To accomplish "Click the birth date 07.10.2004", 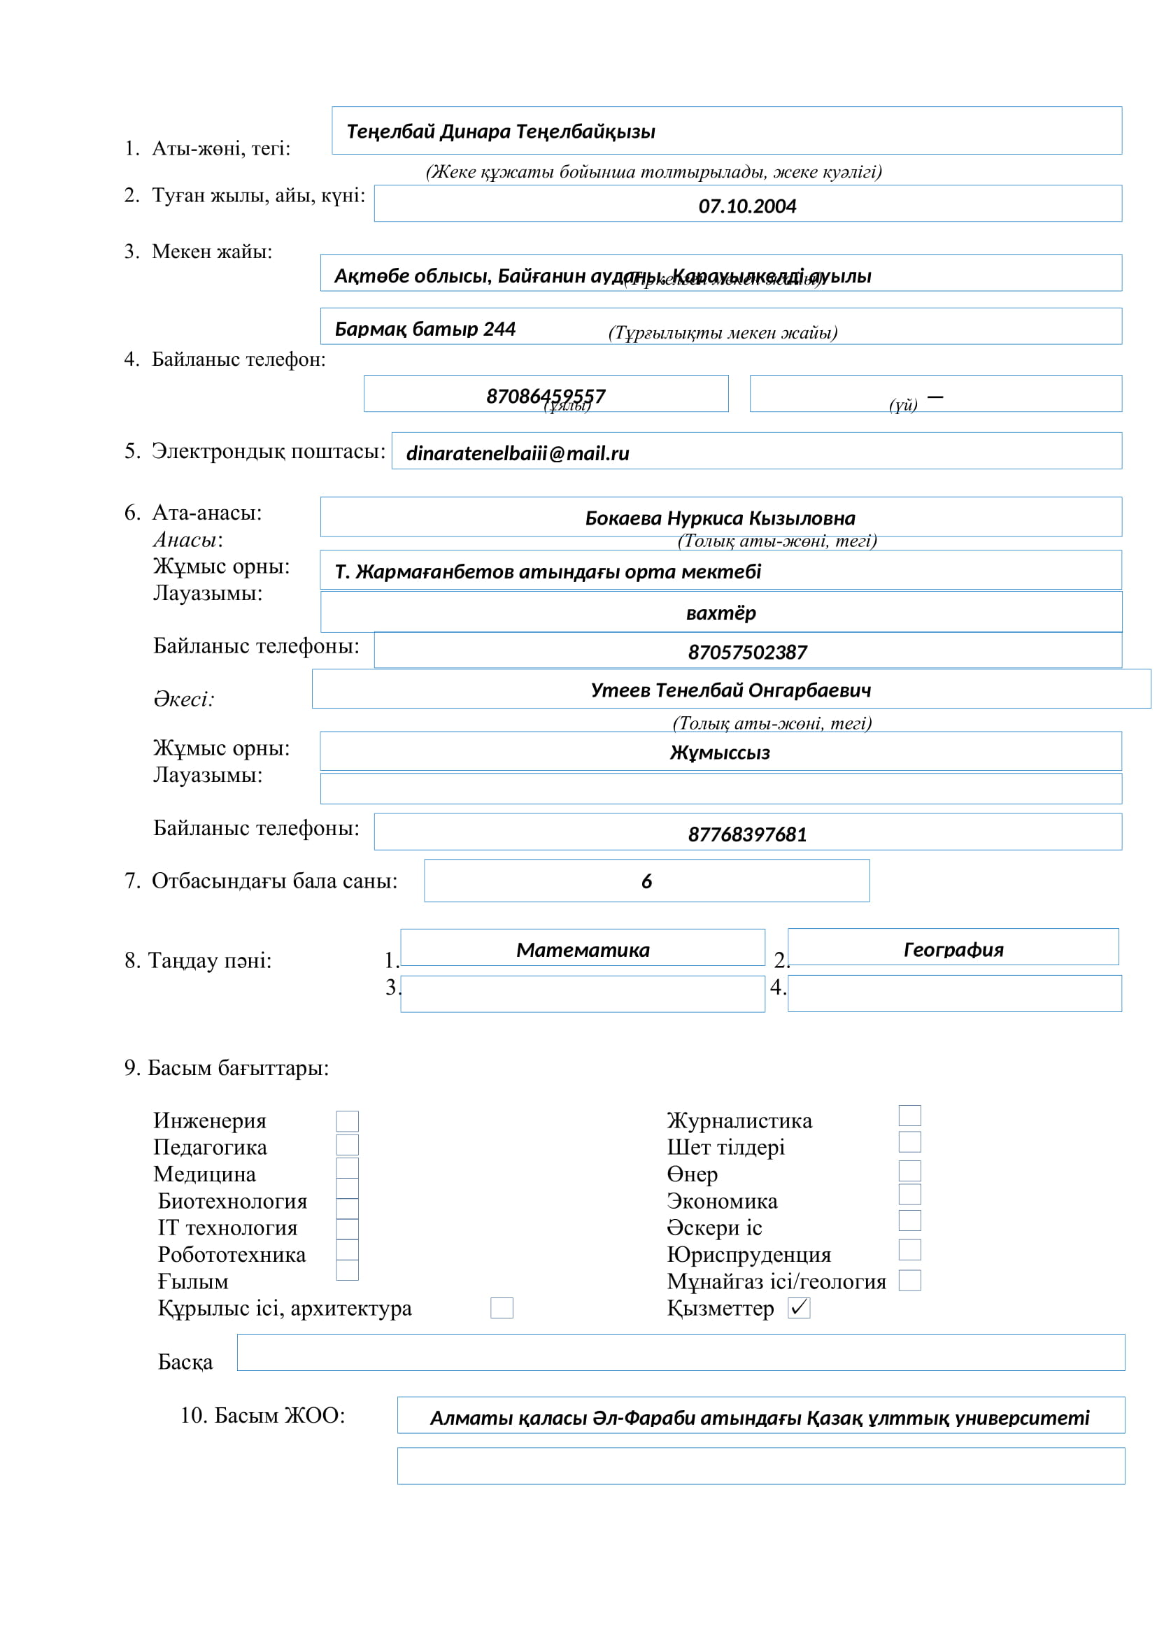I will pyautogui.click(x=746, y=206).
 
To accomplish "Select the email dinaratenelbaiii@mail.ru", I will pyautogui.click(x=517, y=454).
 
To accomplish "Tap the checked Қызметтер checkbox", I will pyautogui.click(x=799, y=1307).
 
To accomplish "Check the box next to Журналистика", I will pyautogui.click(x=909, y=1115).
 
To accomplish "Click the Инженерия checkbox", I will pyautogui.click(x=347, y=1121).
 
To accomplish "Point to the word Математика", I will pyautogui.click(x=583, y=950).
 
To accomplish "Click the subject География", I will pyautogui.click(x=953, y=950).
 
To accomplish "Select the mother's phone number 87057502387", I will pyautogui.click(x=746, y=652).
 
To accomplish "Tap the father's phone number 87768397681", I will pyautogui.click(x=746, y=834).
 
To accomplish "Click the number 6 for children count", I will pyautogui.click(x=646, y=881).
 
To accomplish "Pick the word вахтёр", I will pyautogui.click(x=721, y=613).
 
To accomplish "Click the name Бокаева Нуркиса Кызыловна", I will pyautogui.click(x=720, y=518).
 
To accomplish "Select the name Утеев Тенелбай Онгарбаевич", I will pyautogui.click(x=730, y=690).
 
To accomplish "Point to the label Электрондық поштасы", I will pyautogui.click(x=268, y=451).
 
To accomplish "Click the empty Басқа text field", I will pyautogui.click(x=681, y=1353).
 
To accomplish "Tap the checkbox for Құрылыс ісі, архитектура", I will pyautogui.click(x=502, y=1307).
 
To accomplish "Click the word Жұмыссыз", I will pyautogui.click(x=720, y=753).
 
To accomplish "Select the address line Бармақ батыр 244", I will pyautogui.click(x=425, y=329).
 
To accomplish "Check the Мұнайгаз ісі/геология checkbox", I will pyautogui.click(x=909, y=1281).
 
